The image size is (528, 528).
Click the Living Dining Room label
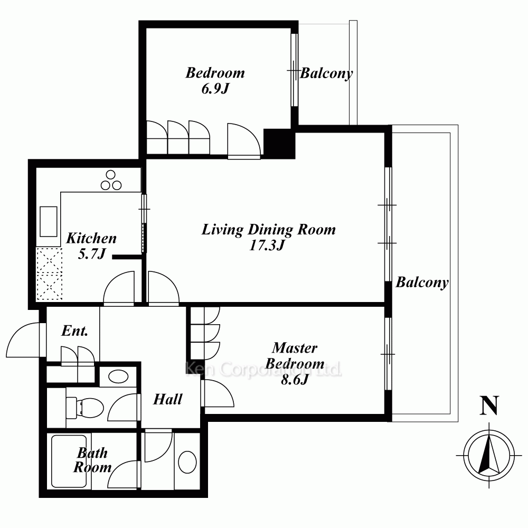pyautogui.click(x=269, y=230)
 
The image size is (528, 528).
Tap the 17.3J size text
pyautogui.click(x=267, y=245)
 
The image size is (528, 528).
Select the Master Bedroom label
pyautogui.click(x=295, y=355)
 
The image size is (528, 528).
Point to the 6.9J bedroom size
pyautogui.click(x=215, y=89)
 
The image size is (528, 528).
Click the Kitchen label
pyautogui.click(x=91, y=238)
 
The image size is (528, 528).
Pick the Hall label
pyautogui.click(x=168, y=399)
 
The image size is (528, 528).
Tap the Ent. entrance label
pyautogui.click(x=75, y=331)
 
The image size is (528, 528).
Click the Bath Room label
pyautogui.click(x=92, y=460)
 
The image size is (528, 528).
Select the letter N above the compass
pyautogui.click(x=489, y=406)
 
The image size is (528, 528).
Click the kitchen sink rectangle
pyautogui.click(x=49, y=222)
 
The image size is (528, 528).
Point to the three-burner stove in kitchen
pyautogui.click(x=111, y=181)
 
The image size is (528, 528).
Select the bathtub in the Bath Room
pyautogui.click(x=69, y=461)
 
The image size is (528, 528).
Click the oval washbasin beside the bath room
pyautogui.click(x=187, y=463)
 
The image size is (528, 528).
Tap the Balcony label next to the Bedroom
pyautogui.click(x=326, y=73)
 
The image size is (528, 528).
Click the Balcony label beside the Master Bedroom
pyautogui.click(x=422, y=282)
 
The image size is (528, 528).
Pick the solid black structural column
pyautogui.click(x=279, y=144)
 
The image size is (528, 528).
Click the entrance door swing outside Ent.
pyautogui.click(x=23, y=340)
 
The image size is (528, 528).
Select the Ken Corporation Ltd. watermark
pyautogui.click(x=263, y=369)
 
